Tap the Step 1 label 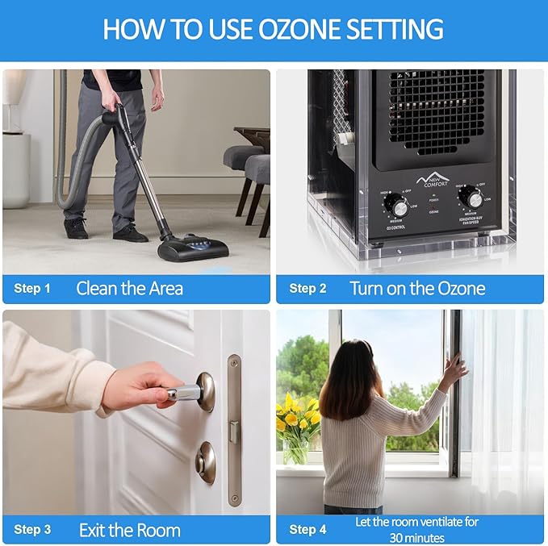[32, 289]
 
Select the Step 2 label [307, 289]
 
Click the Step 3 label [32, 530]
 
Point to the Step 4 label [307, 530]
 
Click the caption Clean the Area [129, 289]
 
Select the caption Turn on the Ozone [417, 289]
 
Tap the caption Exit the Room [129, 530]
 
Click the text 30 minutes [416, 537]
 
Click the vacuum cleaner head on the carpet [192, 245]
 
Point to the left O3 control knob [398, 205]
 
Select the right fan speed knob [472, 197]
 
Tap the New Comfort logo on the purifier [434, 179]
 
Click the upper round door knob [204, 391]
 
